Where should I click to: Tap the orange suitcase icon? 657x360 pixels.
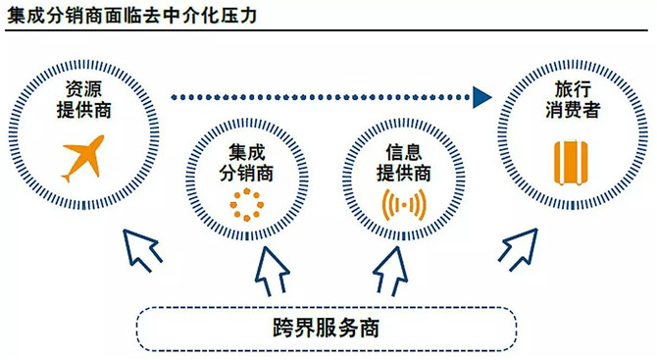pos(571,163)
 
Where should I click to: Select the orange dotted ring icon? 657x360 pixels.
pos(247,205)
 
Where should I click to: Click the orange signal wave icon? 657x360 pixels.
pos(403,205)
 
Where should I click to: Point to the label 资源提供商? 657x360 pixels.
pos(83,100)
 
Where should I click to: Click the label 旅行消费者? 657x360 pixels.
pos(573,100)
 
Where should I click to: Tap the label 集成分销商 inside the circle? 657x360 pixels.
pos(246,162)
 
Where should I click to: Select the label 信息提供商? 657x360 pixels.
pos(403,162)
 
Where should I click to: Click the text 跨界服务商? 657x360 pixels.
pos(326,328)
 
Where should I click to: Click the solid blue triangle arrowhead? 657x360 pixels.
pos(481,97)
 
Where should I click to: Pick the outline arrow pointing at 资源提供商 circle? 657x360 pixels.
pos(141,250)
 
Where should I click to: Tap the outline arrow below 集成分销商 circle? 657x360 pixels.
pos(273,272)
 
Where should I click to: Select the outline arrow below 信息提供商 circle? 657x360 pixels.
pos(390,272)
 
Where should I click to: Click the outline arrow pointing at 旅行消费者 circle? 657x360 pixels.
pos(519,249)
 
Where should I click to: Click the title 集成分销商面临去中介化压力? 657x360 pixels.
pos(131,16)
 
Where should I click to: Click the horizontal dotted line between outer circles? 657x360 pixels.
pos(321,97)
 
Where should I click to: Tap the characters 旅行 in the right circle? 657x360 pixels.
pos(573,89)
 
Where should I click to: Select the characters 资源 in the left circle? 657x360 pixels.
pos(83,89)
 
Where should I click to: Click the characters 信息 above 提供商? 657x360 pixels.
pos(403,152)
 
